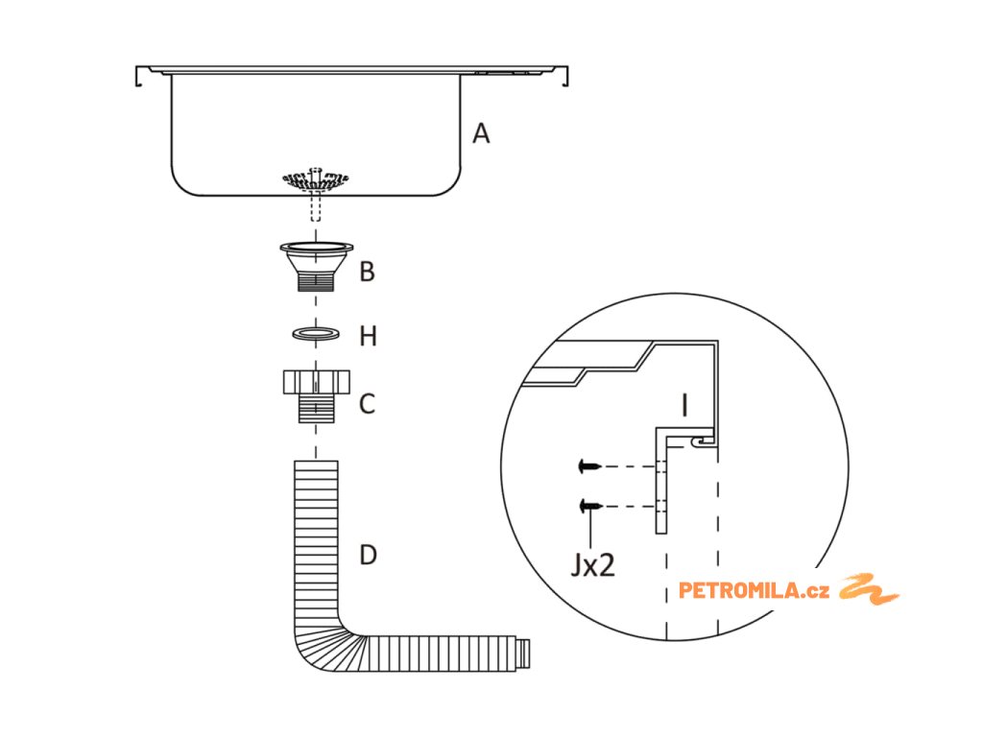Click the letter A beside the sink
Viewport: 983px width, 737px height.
[481, 133]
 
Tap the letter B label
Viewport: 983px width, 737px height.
[367, 272]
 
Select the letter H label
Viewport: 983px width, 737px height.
[368, 336]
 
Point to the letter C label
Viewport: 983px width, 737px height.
[367, 404]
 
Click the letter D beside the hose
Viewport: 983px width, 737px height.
[368, 555]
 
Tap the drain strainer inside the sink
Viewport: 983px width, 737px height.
[315, 179]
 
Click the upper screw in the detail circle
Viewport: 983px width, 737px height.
[590, 467]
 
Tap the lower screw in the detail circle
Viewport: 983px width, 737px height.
[590, 505]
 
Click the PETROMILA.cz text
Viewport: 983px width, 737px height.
[754, 590]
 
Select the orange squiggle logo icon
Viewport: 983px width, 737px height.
[869, 588]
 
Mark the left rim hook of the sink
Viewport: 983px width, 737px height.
[140, 75]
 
